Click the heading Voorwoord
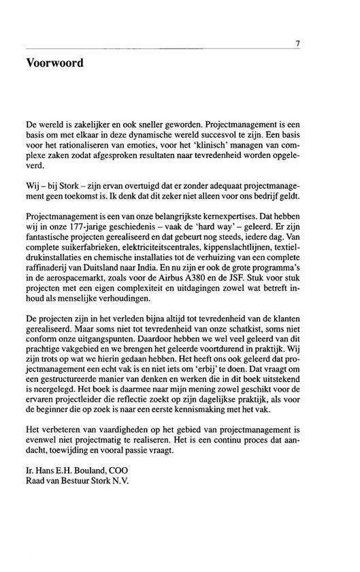coord(54,64)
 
